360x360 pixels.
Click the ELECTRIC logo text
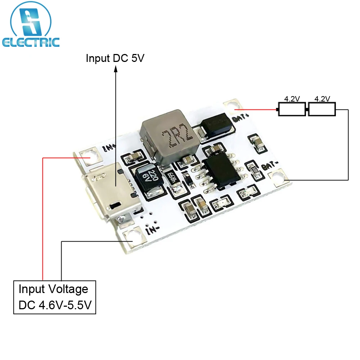30,42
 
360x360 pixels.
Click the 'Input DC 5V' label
115,58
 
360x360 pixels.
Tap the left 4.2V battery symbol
292,109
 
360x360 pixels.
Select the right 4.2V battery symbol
322,109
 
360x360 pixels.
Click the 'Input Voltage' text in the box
53,289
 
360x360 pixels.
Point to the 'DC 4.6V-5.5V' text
55,305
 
